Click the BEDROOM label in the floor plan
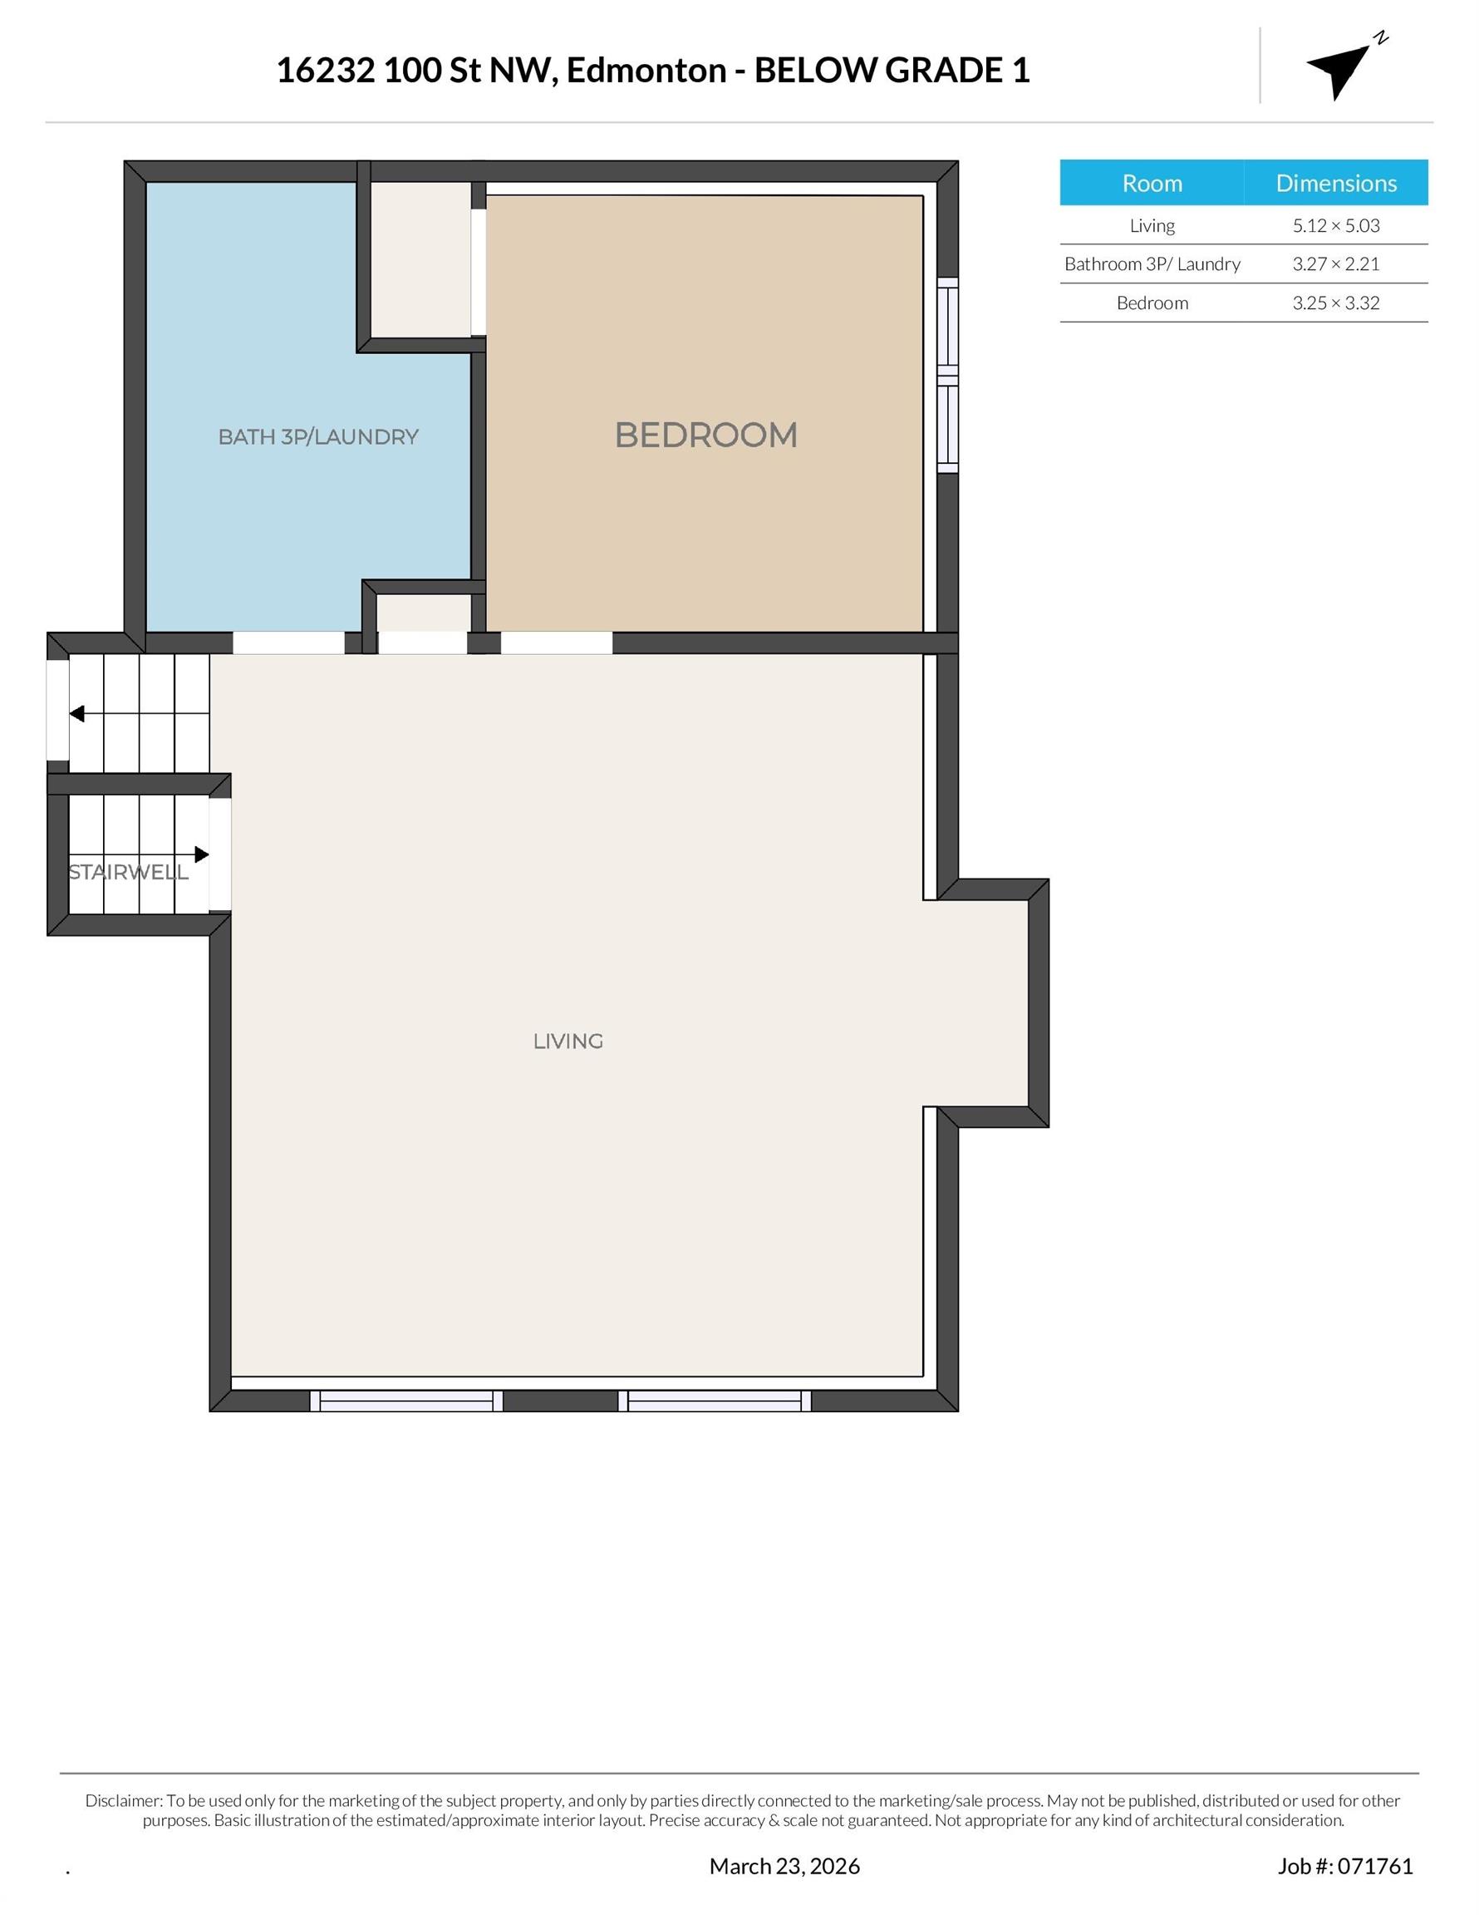pyautogui.click(x=705, y=435)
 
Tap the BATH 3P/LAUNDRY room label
pyautogui.click(x=318, y=436)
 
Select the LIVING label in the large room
pyautogui.click(x=568, y=1041)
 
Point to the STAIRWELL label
pyautogui.click(x=128, y=873)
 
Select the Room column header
pyautogui.click(x=1151, y=183)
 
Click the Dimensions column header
pyautogui.click(x=1335, y=183)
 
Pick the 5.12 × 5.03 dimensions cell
pyautogui.click(x=1335, y=225)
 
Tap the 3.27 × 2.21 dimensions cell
pyautogui.click(x=1335, y=264)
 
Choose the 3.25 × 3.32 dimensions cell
pyautogui.click(x=1335, y=303)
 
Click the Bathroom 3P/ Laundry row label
pyautogui.click(x=1151, y=264)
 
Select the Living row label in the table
pyautogui.click(x=1151, y=225)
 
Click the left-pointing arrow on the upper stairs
pyautogui.click(x=77, y=714)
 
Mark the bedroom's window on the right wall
pyautogui.click(x=948, y=376)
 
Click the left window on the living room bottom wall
pyautogui.click(x=406, y=1401)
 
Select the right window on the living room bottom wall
pyautogui.click(x=715, y=1401)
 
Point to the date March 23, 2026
pyautogui.click(x=784, y=1866)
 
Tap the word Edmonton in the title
pyautogui.click(x=646, y=70)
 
